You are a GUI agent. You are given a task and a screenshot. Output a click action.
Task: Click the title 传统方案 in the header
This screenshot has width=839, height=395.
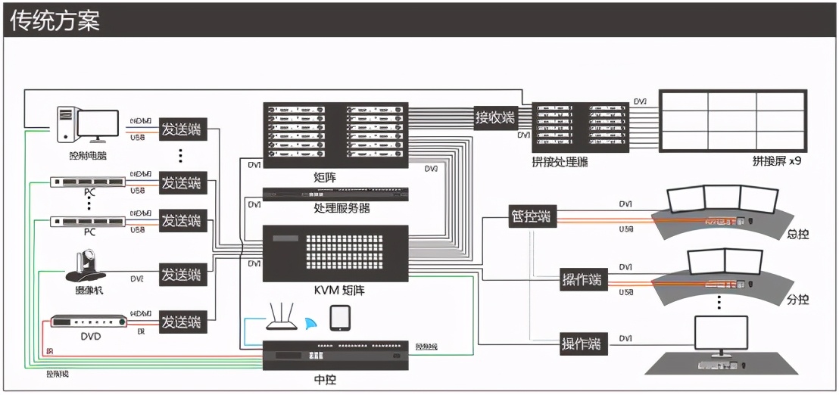pyautogui.click(x=55, y=20)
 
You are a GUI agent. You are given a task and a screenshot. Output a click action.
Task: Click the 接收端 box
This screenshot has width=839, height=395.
pyautogui.click(x=494, y=117)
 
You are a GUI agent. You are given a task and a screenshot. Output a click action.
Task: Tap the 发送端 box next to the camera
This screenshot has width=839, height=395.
pyautogui.click(x=182, y=275)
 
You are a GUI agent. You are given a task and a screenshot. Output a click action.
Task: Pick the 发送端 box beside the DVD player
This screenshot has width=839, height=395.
pyautogui.click(x=182, y=322)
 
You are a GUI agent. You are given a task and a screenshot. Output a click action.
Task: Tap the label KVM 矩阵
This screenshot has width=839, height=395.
pyautogui.click(x=335, y=291)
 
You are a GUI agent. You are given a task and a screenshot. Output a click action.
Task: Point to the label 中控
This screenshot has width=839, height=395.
pyautogui.click(x=335, y=378)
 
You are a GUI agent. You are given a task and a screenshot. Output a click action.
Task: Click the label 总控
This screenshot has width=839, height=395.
pyautogui.click(x=798, y=234)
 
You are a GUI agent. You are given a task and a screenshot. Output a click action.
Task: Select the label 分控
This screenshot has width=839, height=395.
pyautogui.click(x=798, y=300)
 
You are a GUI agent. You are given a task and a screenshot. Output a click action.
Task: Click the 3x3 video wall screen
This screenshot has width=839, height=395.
pyautogui.click(x=731, y=121)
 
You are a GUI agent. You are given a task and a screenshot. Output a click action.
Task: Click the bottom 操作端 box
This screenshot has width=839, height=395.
pyautogui.click(x=582, y=343)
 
